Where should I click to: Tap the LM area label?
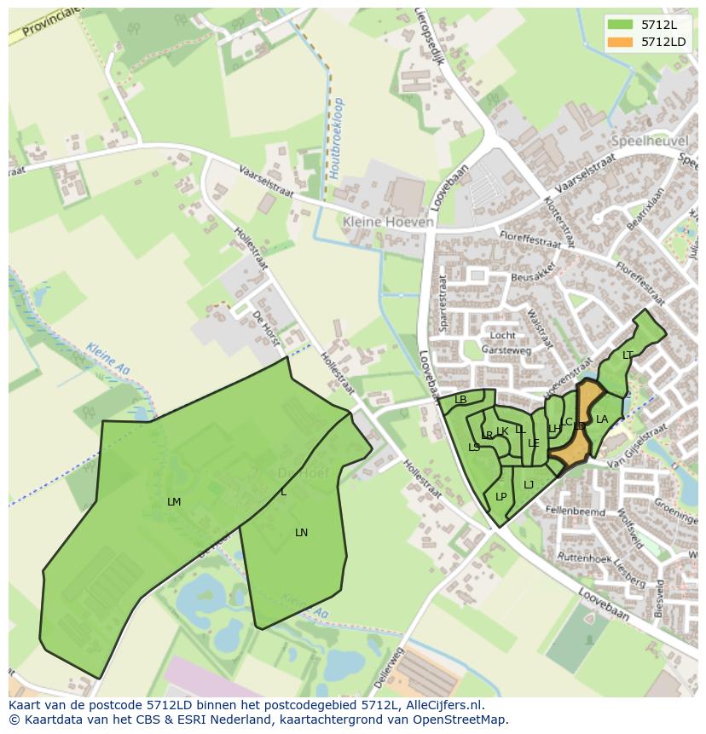click(x=174, y=502)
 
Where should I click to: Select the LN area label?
click(x=301, y=533)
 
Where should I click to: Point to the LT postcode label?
click(x=628, y=355)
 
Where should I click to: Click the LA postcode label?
click(x=602, y=419)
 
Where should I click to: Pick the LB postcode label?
click(x=460, y=399)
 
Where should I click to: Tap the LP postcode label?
click(x=501, y=497)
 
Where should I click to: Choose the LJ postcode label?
click(x=529, y=484)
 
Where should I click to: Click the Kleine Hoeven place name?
click(x=388, y=222)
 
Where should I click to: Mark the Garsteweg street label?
click(x=506, y=350)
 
